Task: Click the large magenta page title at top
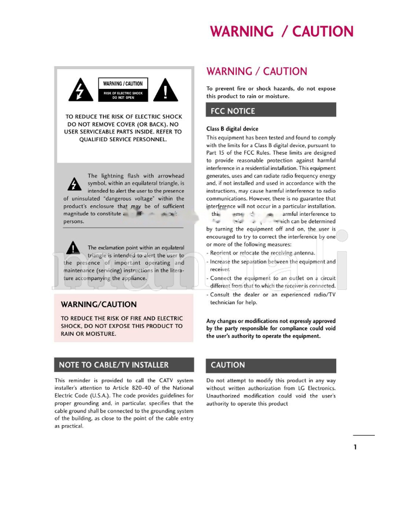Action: [x=281, y=32]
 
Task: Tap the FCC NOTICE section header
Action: [x=233, y=111]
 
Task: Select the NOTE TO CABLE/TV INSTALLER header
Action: [x=114, y=365]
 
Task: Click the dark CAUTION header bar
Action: [x=228, y=365]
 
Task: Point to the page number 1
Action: [x=355, y=447]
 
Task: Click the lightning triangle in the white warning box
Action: [x=79, y=90]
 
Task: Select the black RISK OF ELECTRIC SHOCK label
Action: [x=123, y=95]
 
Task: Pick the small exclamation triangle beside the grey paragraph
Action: [x=73, y=248]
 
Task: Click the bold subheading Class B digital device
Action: [x=232, y=129]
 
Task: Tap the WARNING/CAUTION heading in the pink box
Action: [x=98, y=304]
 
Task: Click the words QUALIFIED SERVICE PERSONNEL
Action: [x=123, y=139]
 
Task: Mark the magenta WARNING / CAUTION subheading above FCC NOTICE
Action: [x=257, y=71]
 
